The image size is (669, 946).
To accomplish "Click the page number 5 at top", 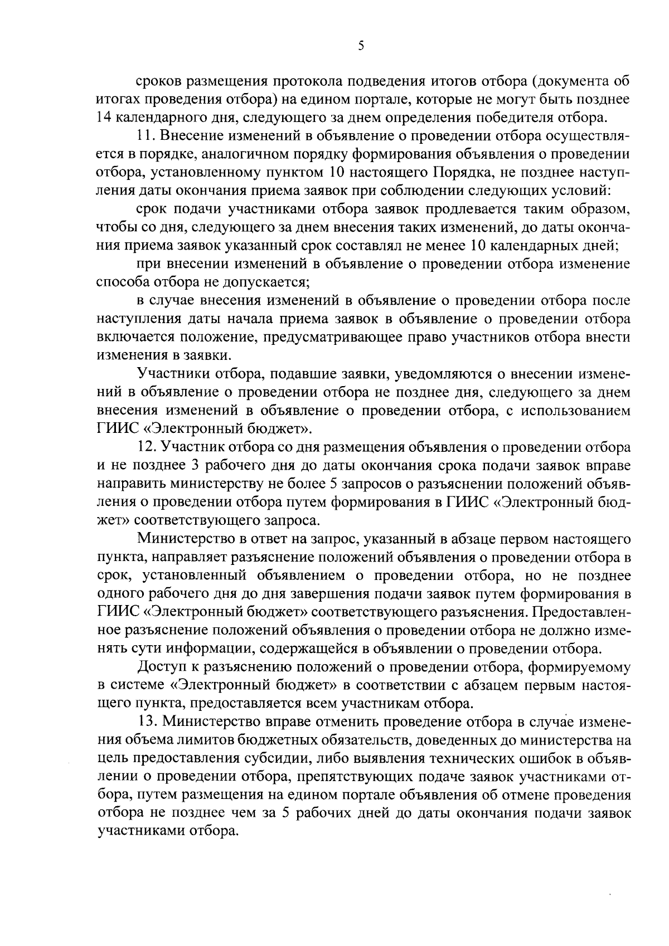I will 361,46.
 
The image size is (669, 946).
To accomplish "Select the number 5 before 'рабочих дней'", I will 285,813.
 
